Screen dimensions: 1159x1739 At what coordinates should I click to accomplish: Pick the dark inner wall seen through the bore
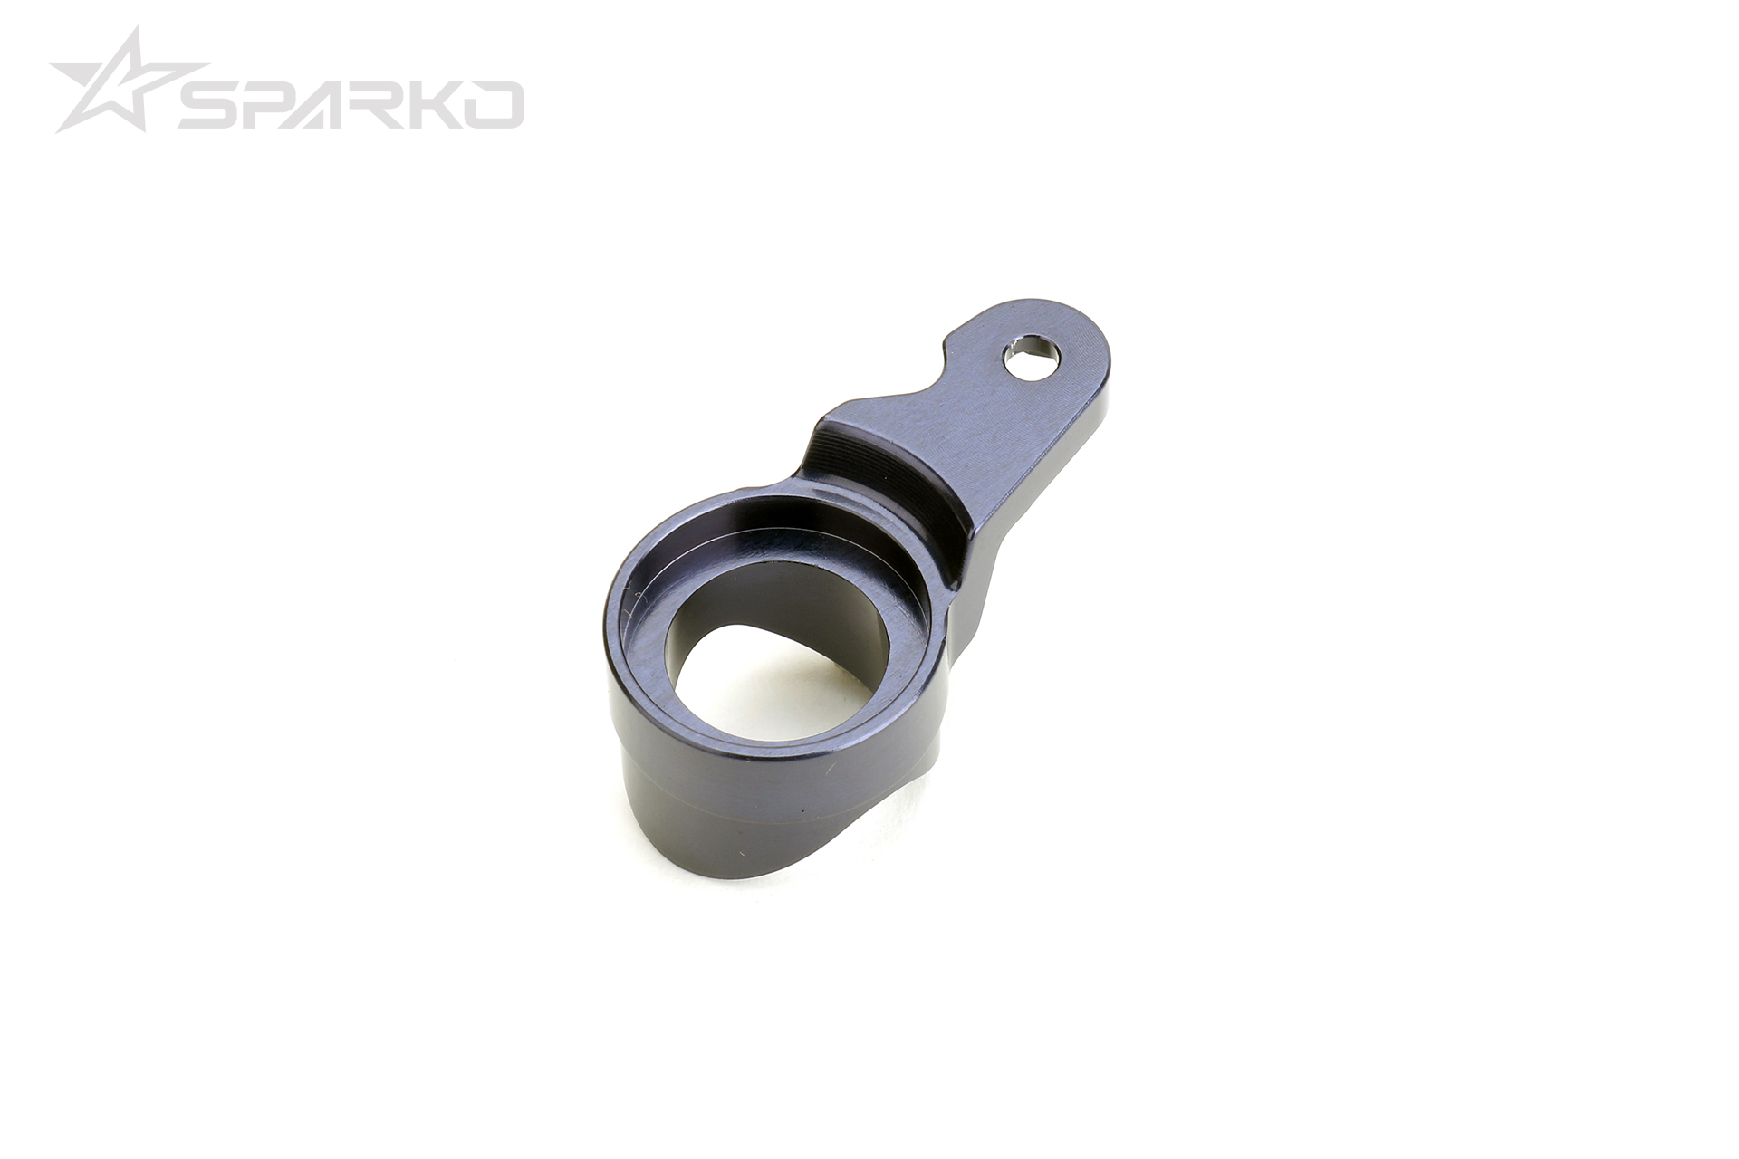pos(842,634)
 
